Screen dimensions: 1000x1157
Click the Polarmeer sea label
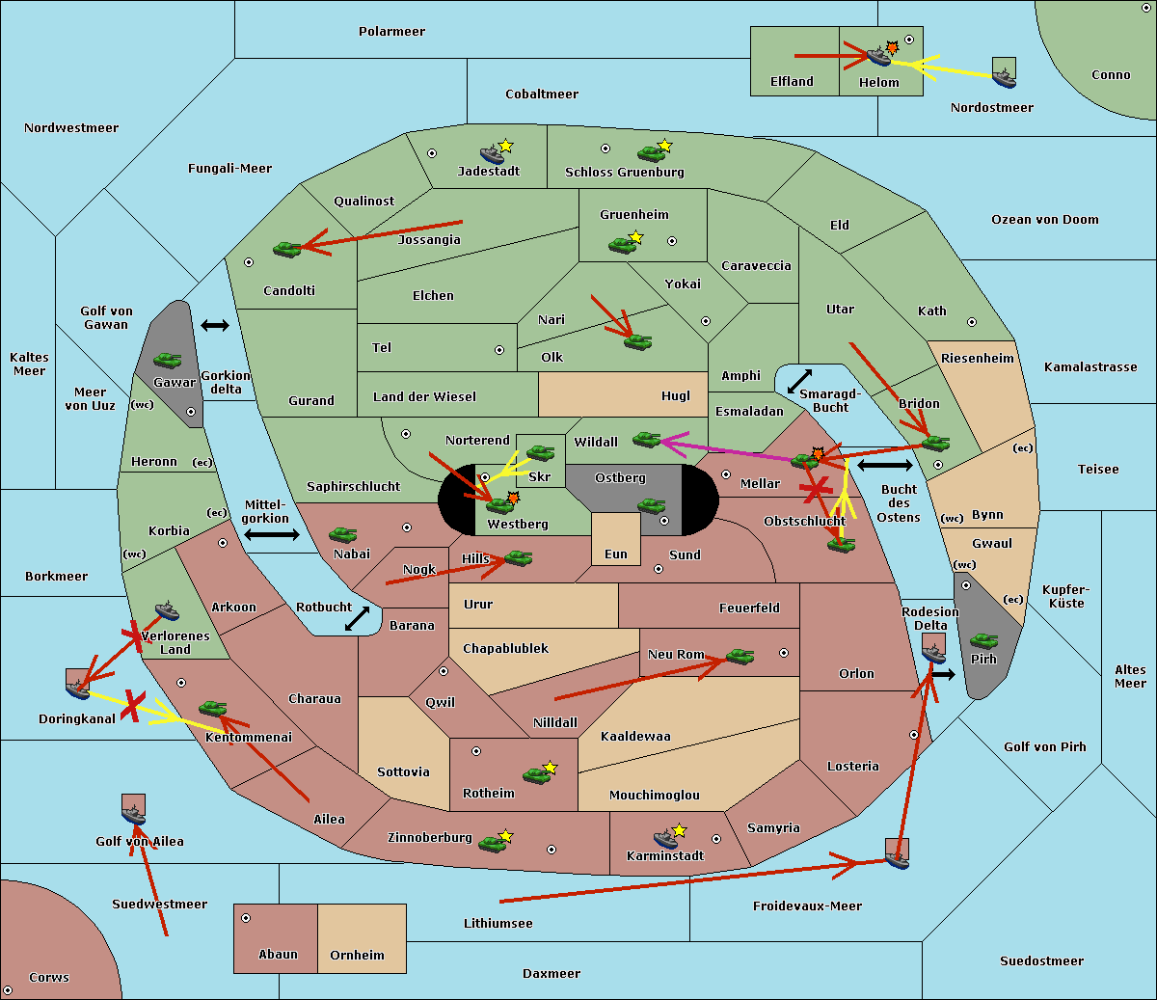[391, 32]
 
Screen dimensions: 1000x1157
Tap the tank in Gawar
[168, 361]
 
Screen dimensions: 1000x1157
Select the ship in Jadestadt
[492, 154]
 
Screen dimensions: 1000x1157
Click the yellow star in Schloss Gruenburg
[664, 146]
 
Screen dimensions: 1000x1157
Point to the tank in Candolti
[286, 249]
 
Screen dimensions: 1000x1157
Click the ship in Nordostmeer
[1004, 75]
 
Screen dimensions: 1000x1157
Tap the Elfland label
[792, 82]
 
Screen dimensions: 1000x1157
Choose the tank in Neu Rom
[740, 657]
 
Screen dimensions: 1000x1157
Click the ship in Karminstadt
[665, 839]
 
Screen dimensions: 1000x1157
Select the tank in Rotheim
[536, 774]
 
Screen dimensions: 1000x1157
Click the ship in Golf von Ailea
[134, 816]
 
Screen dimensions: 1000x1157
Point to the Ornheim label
[357, 956]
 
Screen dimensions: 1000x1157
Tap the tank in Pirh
[983, 641]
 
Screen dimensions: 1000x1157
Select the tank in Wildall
[646, 440]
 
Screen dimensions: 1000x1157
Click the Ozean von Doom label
[1044, 220]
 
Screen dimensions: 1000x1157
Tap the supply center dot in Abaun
[246, 918]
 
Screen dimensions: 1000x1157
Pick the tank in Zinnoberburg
[493, 844]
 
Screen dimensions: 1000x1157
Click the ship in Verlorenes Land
[168, 611]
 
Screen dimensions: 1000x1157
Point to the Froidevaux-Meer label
[807, 906]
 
